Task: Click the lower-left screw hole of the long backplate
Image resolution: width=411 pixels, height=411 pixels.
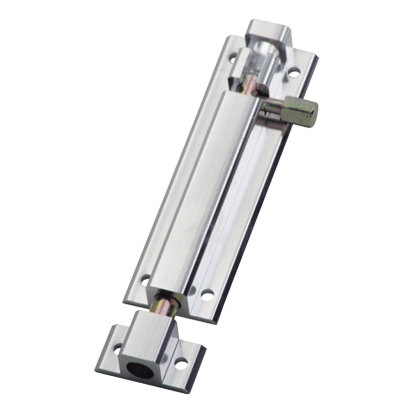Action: [x=146, y=281]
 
